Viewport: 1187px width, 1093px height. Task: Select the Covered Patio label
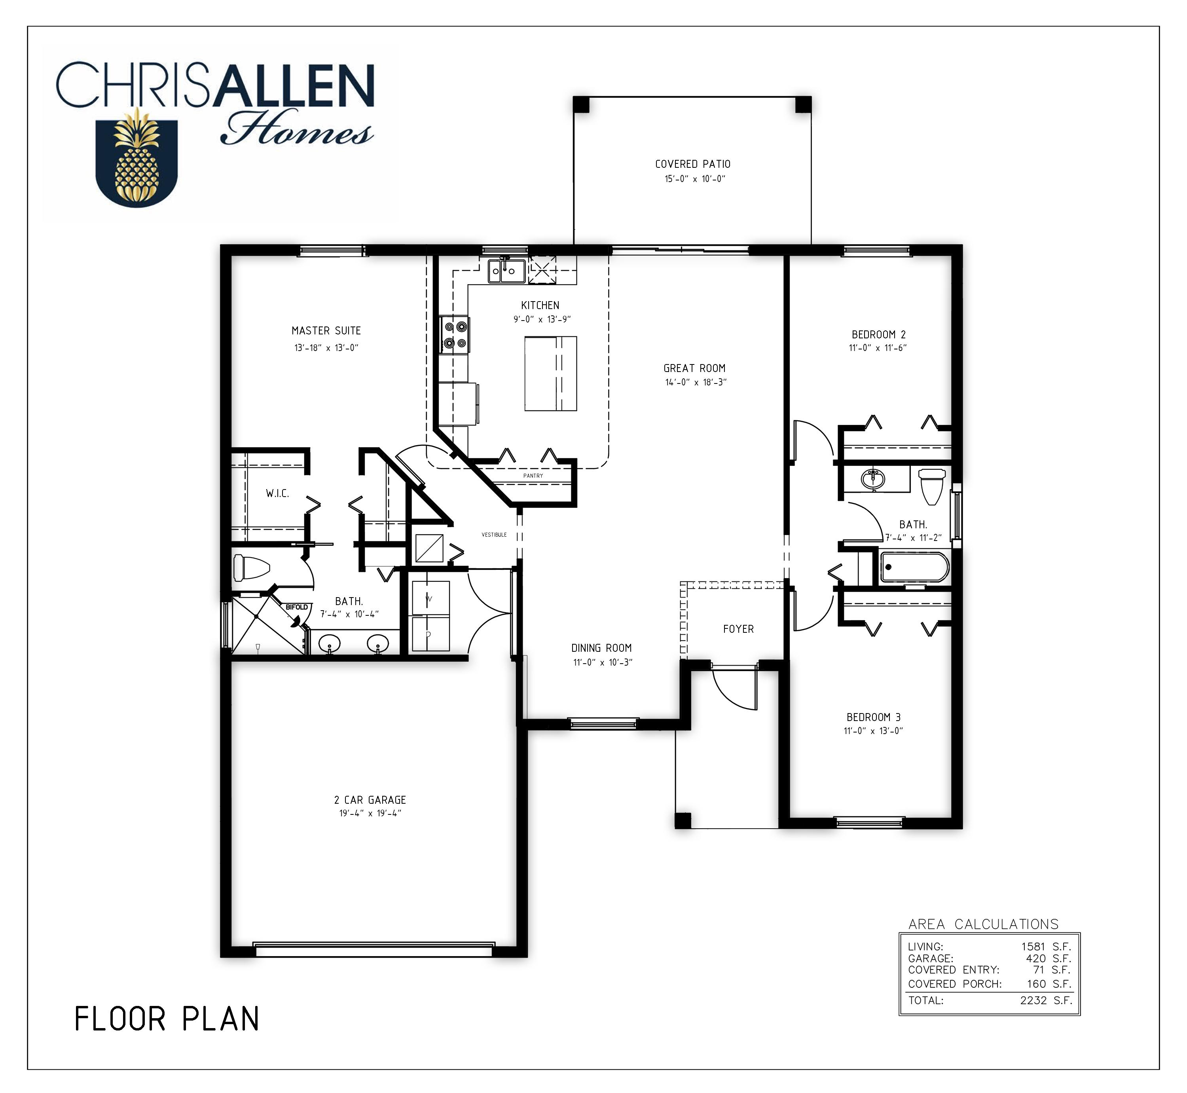[x=692, y=164]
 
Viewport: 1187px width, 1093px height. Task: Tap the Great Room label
[x=694, y=368]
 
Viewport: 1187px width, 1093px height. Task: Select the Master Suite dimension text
[x=326, y=348]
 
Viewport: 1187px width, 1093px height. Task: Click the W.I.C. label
[x=277, y=493]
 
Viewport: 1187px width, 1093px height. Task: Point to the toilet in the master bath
[x=251, y=567]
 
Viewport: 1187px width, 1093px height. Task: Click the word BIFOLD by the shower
[x=297, y=607]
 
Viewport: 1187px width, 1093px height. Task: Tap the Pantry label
[x=533, y=476]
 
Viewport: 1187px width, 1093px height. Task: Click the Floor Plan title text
[x=167, y=1019]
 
